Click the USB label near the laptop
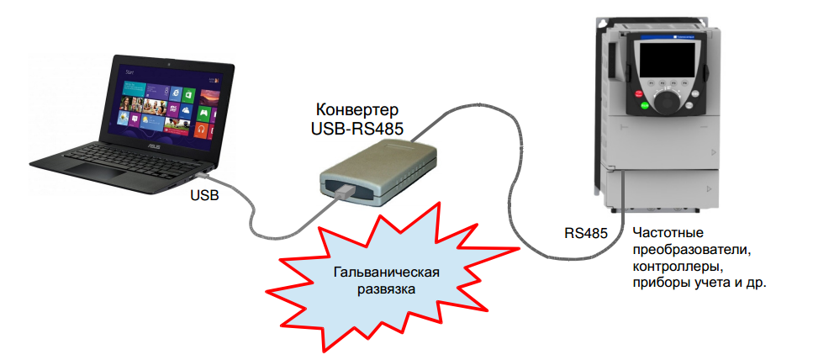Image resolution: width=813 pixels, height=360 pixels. (204, 195)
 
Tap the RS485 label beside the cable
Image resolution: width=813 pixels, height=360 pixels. (585, 232)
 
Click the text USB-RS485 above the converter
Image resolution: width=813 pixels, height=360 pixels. (352, 130)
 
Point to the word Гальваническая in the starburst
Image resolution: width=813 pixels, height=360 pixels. (386, 272)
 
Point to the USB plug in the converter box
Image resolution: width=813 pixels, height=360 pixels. (342, 192)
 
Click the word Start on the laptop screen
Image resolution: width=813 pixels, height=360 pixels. (129, 74)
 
